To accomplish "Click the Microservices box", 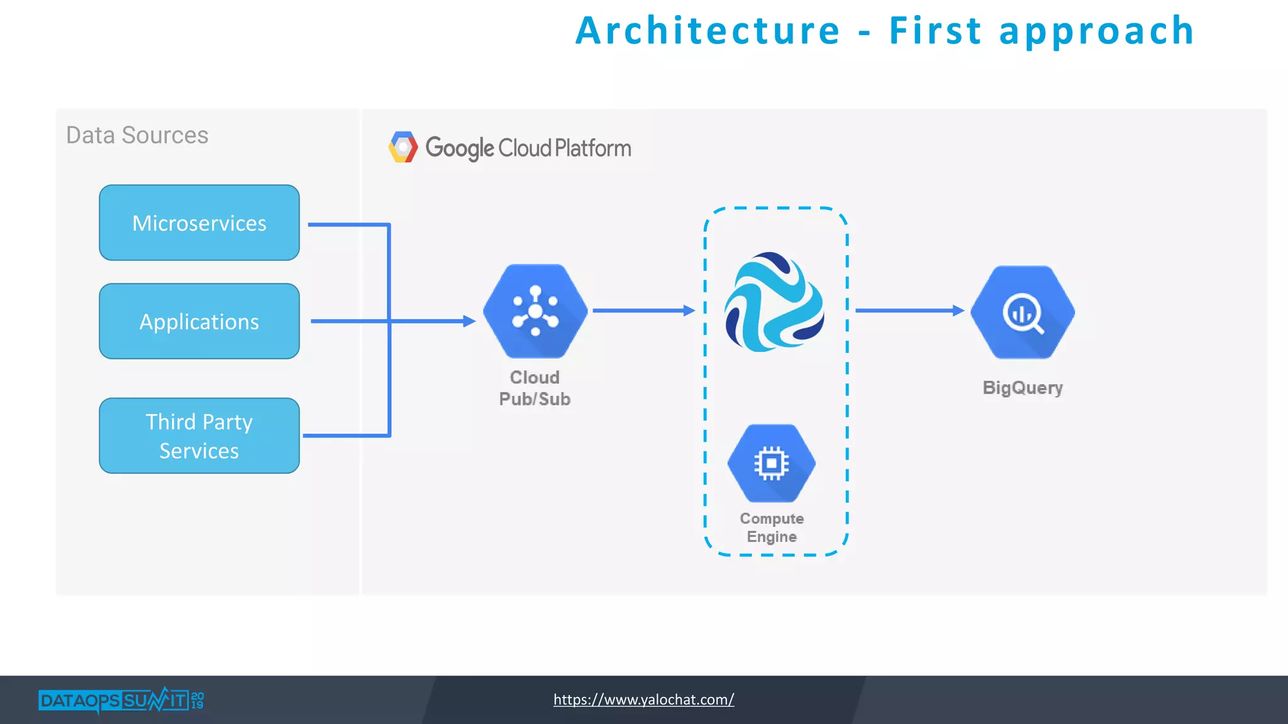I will (x=199, y=222).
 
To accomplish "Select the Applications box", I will (x=199, y=321).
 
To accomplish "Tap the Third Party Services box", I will (x=199, y=436).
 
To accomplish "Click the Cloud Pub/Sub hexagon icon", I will (x=535, y=311).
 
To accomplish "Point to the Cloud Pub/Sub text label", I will (x=535, y=388).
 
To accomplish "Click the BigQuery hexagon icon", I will (x=1023, y=312).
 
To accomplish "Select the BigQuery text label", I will (x=1023, y=387).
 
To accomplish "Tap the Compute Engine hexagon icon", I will (x=772, y=463).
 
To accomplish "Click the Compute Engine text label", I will (x=772, y=527).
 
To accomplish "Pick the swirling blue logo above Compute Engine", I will (x=774, y=302).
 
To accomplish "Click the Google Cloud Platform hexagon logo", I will (x=403, y=147).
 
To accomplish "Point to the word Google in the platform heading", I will (x=460, y=148).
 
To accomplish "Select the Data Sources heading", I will (x=137, y=135).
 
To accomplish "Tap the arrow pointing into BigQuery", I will (x=909, y=310).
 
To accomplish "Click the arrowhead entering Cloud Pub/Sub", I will (x=469, y=321).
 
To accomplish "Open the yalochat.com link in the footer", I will (x=643, y=699).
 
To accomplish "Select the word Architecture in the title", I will (x=708, y=31).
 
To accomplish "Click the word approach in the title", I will (x=1097, y=31).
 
